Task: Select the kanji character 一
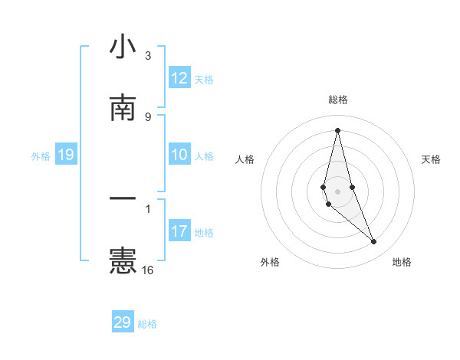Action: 123,198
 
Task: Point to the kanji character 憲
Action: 123,260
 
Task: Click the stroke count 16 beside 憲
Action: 148,270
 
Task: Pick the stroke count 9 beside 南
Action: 148,116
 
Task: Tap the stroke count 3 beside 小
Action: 148,56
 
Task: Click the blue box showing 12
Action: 179,78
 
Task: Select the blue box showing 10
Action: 179,155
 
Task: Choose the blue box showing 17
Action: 179,231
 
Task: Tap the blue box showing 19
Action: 66,155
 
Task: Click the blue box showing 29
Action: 123,322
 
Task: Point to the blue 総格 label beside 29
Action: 147,324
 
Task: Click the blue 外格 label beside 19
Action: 41,156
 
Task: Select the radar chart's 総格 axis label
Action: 337,100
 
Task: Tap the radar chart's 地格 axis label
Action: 402,263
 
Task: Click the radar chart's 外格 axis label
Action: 270,263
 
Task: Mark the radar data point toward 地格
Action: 374,242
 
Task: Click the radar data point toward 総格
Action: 337,129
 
